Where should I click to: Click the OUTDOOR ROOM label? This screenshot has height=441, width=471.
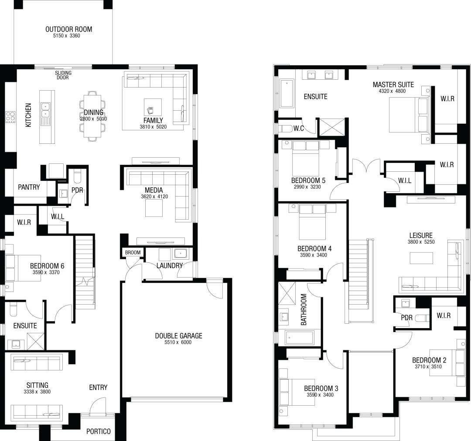pyautogui.click(x=68, y=30)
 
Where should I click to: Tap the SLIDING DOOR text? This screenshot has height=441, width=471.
pyautogui.click(x=63, y=75)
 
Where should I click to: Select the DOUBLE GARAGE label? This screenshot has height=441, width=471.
pyautogui.click(x=178, y=336)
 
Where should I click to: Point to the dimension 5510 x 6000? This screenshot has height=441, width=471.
pyautogui.click(x=178, y=343)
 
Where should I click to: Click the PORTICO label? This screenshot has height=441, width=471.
pyautogui.click(x=98, y=431)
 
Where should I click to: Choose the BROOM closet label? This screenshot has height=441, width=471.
pyautogui.click(x=133, y=253)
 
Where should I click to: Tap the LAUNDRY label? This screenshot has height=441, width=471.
pyautogui.click(x=169, y=265)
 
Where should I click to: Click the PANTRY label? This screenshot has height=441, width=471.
pyautogui.click(x=29, y=187)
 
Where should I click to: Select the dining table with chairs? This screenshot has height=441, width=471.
pyautogui.click(x=92, y=116)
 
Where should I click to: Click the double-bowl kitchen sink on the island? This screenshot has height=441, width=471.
pyautogui.click(x=44, y=110)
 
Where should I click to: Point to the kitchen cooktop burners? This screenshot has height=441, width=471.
pyautogui.click(x=10, y=117)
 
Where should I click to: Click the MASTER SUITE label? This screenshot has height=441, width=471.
pyautogui.click(x=393, y=85)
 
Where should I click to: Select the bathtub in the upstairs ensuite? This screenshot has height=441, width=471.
pyautogui.click(x=287, y=93)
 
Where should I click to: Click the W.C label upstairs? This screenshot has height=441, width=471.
pyautogui.click(x=298, y=128)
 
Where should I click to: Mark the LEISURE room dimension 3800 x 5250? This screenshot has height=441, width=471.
pyautogui.click(x=421, y=242)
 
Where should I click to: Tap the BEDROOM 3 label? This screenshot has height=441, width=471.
pyautogui.click(x=321, y=388)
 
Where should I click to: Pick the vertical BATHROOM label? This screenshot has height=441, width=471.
pyautogui.click(x=304, y=310)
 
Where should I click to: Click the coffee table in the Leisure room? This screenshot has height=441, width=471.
pyautogui.click(x=421, y=258)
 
